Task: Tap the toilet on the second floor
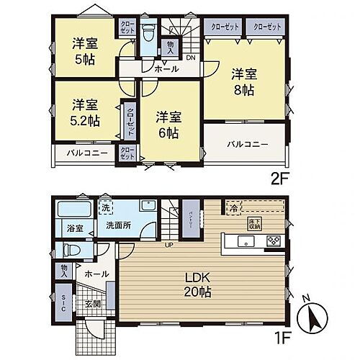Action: coord(149,33)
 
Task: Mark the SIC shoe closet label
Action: coord(63,303)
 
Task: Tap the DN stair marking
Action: coord(191,58)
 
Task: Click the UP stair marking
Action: coord(170,247)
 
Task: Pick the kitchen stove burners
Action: coord(274,240)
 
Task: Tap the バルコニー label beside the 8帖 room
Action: coord(247,144)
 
